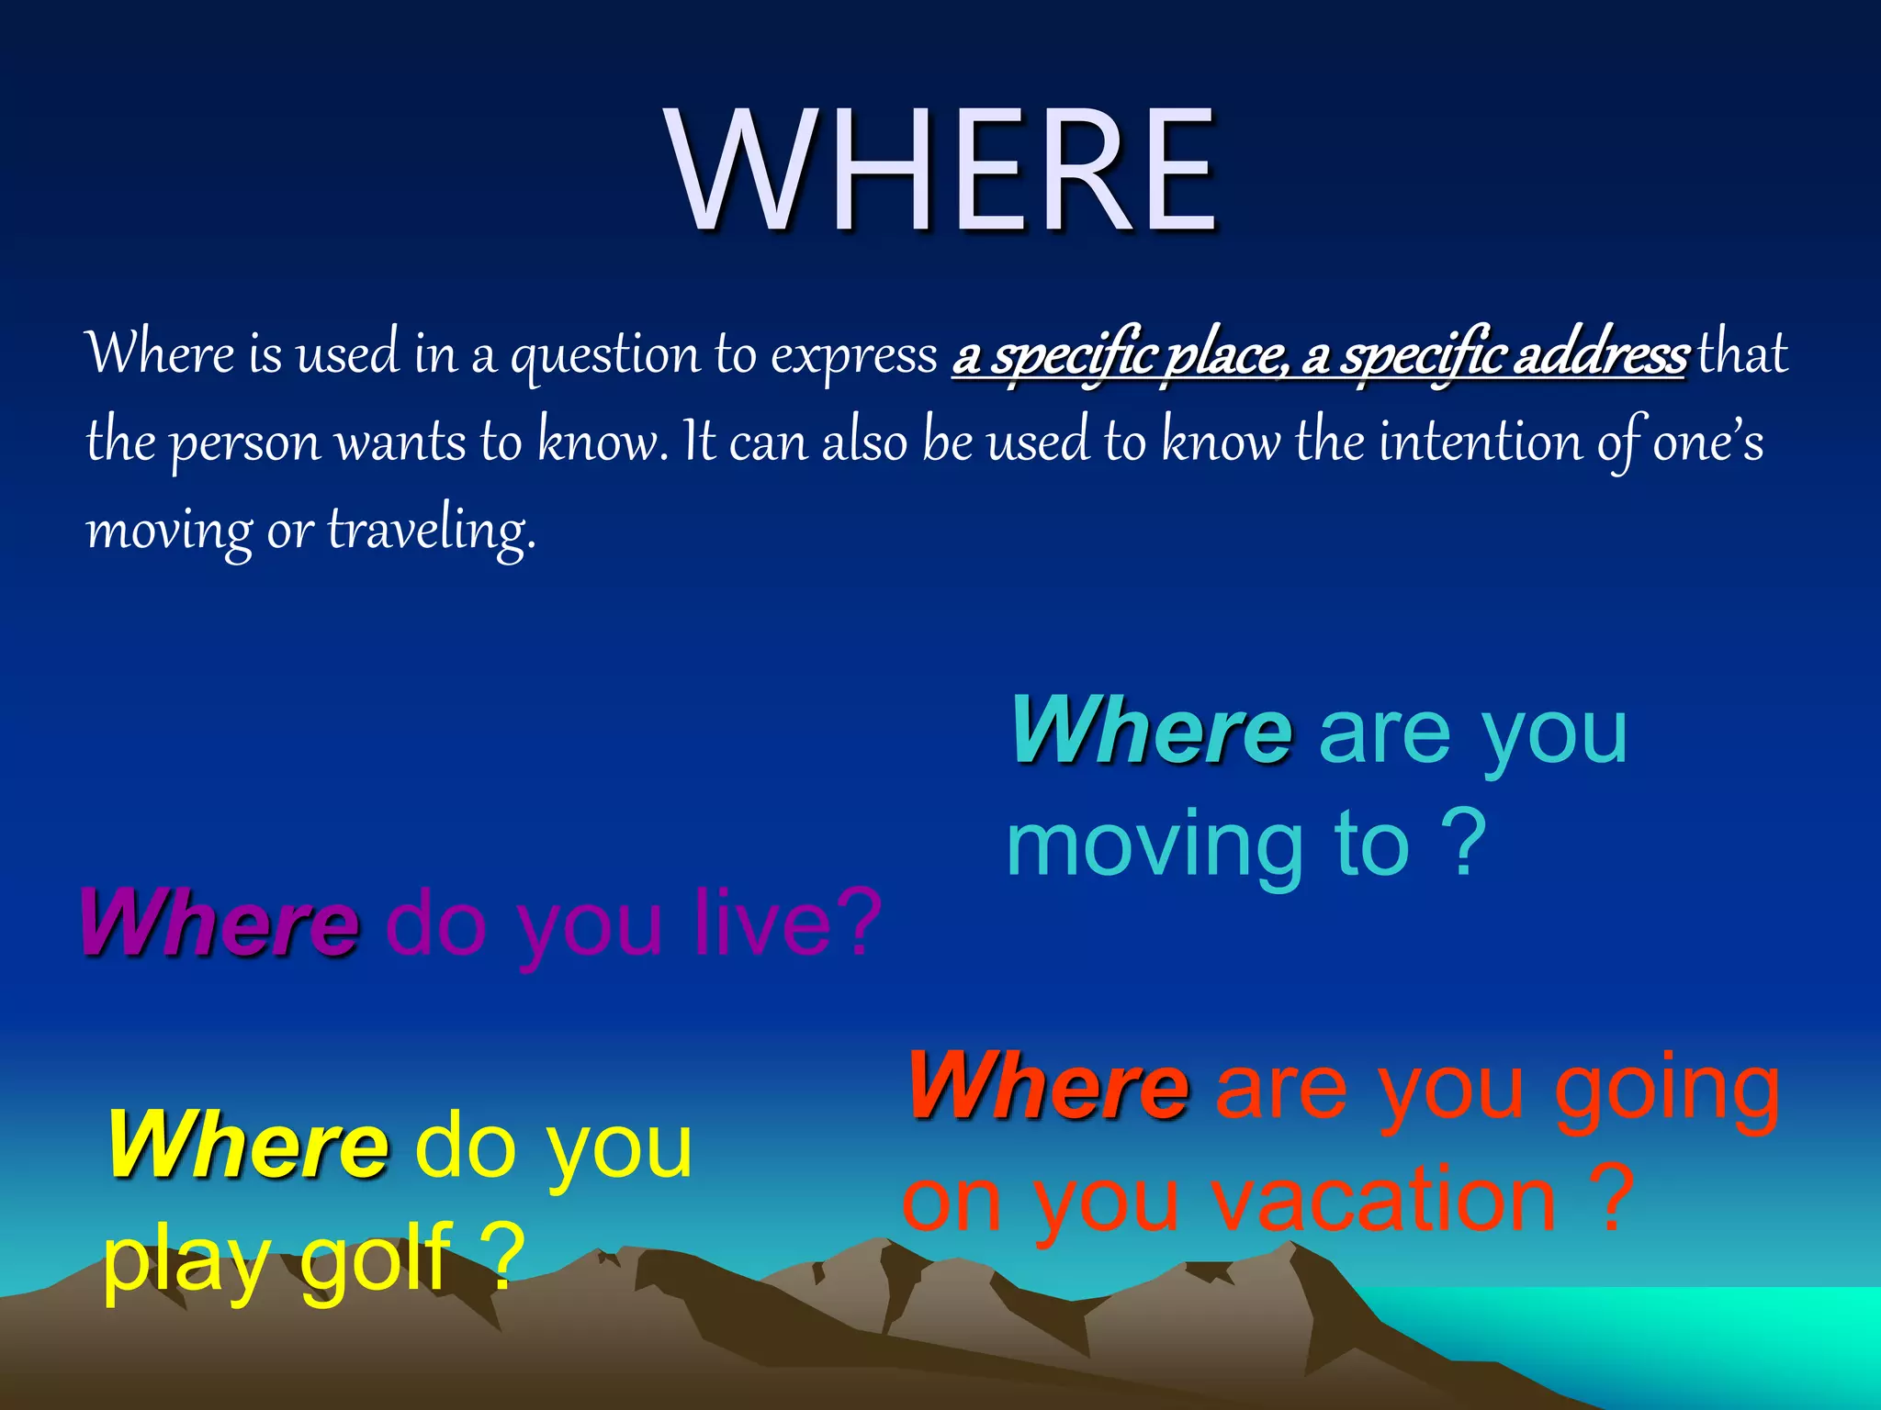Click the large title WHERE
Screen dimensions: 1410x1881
pyautogui.click(x=943, y=171)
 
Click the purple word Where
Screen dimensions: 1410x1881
pyautogui.click(x=219, y=922)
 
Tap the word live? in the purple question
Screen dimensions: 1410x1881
pyautogui.click(x=787, y=922)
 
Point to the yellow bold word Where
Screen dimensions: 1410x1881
pyautogui.click(x=248, y=1145)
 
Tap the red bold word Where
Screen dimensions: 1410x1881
pyautogui.click(x=1048, y=1086)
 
